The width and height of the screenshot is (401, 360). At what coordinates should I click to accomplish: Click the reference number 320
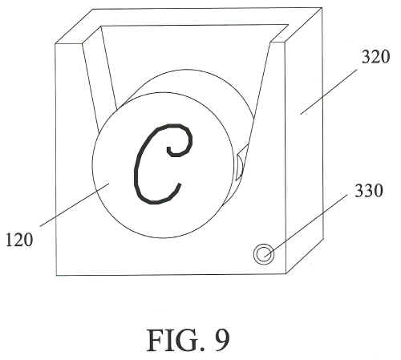(x=375, y=57)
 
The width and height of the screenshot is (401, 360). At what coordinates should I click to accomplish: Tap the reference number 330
(x=369, y=191)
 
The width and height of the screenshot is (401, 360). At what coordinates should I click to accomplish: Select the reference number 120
(x=19, y=240)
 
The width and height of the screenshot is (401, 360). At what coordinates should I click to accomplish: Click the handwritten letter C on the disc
(x=163, y=164)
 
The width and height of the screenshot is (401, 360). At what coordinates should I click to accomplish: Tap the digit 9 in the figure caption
(x=221, y=340)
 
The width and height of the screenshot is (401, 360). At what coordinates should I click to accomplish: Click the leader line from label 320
(x=329, y=91)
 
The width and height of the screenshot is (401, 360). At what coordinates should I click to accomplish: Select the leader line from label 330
(x=306, y=226)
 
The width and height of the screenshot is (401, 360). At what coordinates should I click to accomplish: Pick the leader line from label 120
(x=75, y=204)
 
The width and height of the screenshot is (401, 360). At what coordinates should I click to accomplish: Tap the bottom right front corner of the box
(x=286, y=273)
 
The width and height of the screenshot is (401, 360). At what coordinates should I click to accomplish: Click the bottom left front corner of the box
(x=56, y=275)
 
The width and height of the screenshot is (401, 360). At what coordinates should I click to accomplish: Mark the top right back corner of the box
(x=322, y=8)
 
